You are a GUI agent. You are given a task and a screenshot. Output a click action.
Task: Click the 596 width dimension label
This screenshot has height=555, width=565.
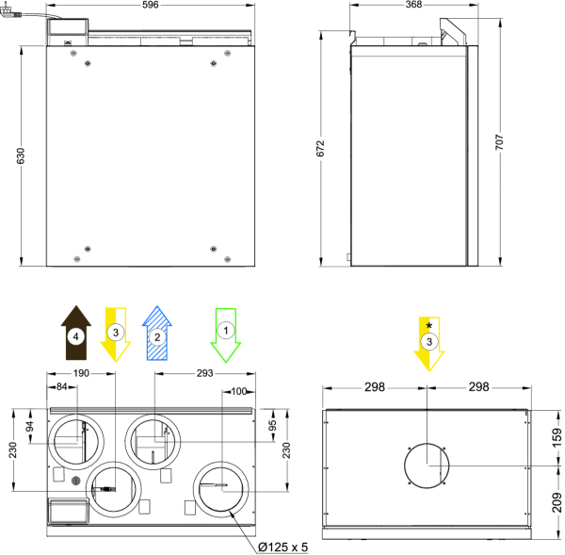point(151,5)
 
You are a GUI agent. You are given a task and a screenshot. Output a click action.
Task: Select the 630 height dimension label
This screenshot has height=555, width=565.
point(21,155)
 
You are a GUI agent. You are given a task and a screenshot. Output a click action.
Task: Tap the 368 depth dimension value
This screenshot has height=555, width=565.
point(413,5)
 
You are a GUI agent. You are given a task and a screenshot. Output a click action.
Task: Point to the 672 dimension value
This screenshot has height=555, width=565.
point(320,148)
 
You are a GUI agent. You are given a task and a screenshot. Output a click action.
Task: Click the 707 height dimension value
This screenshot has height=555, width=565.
point(499,142)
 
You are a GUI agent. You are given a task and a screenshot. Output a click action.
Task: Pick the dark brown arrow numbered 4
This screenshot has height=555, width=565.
point(76,333)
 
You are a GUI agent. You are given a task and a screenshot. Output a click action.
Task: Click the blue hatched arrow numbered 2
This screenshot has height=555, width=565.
point(157,334)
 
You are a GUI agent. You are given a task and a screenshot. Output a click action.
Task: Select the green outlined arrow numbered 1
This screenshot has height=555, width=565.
point(226,335)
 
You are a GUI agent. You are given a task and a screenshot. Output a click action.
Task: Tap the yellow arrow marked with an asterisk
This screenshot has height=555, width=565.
point(428,344)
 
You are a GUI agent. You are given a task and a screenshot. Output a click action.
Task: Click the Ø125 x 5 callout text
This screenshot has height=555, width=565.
point(283,547)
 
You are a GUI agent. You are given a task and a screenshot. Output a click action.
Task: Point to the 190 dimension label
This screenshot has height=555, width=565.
point(81,373)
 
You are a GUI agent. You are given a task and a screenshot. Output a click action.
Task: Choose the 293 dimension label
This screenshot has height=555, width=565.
point(205,373)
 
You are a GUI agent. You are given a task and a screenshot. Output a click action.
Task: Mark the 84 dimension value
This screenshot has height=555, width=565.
point(61,386)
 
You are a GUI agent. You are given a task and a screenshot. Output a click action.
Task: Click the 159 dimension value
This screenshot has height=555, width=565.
point(557,437)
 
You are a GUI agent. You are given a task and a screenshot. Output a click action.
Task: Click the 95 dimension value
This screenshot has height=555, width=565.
point(273,425)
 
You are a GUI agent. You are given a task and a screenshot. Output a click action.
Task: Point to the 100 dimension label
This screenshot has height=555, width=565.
point(239,391)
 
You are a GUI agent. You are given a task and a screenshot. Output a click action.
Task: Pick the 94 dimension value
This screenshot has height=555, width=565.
point(30,426)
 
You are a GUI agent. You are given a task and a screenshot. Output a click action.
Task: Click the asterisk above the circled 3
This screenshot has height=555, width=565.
point(428,326)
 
